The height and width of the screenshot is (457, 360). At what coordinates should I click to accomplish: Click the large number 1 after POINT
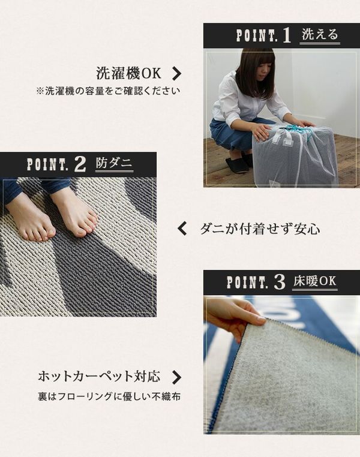287,35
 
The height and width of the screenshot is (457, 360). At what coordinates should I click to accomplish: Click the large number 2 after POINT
80,164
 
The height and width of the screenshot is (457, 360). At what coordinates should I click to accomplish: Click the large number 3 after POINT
279,282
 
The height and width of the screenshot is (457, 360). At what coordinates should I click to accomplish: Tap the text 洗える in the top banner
320,34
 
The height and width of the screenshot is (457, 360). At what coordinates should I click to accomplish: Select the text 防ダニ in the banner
114,163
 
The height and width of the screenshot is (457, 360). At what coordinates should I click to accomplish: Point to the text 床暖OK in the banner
315,281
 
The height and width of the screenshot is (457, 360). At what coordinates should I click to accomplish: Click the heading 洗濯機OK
128,73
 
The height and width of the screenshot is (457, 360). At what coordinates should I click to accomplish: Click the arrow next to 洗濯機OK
176,73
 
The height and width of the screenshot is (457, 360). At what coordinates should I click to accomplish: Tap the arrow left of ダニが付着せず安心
182,228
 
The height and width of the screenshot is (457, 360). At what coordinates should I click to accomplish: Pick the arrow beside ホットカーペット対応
176,377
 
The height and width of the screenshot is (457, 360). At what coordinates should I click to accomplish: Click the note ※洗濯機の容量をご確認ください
108,91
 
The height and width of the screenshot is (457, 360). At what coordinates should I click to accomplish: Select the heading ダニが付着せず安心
260,228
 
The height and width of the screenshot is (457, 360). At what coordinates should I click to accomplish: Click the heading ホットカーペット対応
99,376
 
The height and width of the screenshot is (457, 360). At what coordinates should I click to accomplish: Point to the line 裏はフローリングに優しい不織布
109,396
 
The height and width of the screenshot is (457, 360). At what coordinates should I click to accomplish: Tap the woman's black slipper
236,165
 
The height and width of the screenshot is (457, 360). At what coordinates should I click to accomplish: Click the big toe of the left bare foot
50,232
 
